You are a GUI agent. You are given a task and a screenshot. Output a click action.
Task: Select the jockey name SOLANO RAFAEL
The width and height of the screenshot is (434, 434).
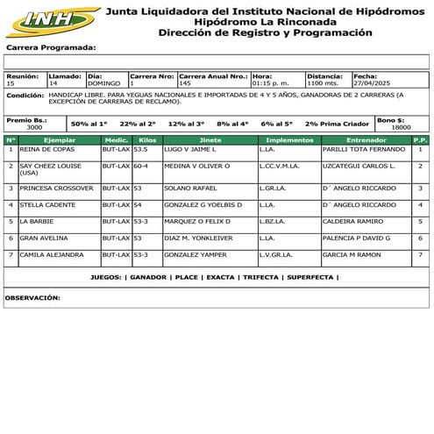click(x=185, y=188)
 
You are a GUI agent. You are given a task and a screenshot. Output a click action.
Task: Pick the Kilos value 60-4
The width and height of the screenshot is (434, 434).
click(x=140, y=165)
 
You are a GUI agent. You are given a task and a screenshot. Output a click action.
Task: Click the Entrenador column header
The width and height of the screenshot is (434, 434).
click(x=366, y=139)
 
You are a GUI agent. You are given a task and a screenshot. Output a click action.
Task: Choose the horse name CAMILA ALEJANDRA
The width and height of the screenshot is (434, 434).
click(x=52, y=254)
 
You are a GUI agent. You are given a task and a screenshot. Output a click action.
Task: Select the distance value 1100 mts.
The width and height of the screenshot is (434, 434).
click(x=323, y=83)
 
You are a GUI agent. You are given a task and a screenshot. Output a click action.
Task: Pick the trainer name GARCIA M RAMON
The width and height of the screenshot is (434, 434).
click(x=352, y=254)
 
